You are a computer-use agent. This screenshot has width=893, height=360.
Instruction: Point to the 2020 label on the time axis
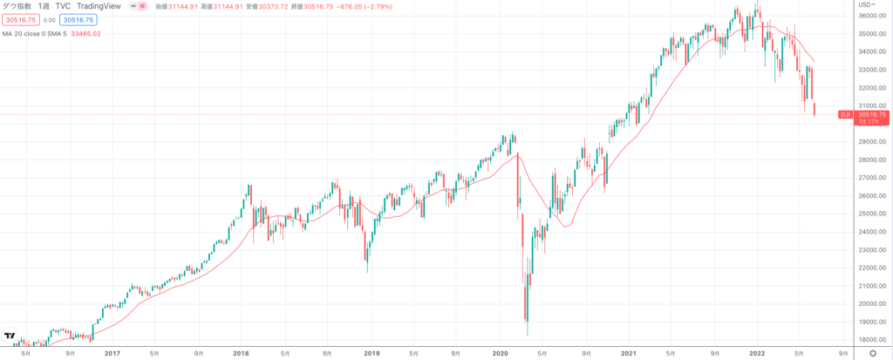(x=500, y=353)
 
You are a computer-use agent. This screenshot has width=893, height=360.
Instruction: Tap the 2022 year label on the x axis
(x=757, y=353)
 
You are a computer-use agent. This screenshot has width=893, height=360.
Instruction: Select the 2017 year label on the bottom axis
(x=112, y=353)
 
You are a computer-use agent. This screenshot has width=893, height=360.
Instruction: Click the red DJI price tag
(x=844, y=114)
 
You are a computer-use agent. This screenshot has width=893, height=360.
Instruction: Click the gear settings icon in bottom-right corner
(x=871, y=353)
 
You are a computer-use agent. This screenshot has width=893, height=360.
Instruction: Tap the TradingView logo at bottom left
(x=10, y=336)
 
